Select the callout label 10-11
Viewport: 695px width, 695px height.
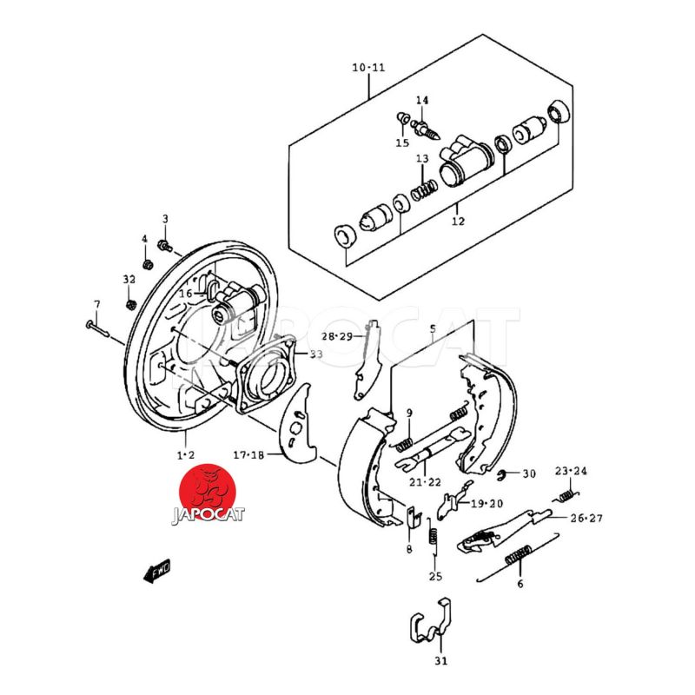click(368, 68)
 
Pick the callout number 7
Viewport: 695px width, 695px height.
click(97, 304)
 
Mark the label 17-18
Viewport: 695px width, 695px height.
click(248, 454)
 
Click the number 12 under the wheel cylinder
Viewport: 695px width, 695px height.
click(458, 221)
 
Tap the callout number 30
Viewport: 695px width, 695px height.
click(529, 474)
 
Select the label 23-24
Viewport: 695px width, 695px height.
click(572, 471)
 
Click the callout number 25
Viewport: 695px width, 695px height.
click(435, 576)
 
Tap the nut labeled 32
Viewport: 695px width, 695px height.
click(129, 304)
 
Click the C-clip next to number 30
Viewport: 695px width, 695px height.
click(506, 474)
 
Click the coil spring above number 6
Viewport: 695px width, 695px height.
click(519, 553)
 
